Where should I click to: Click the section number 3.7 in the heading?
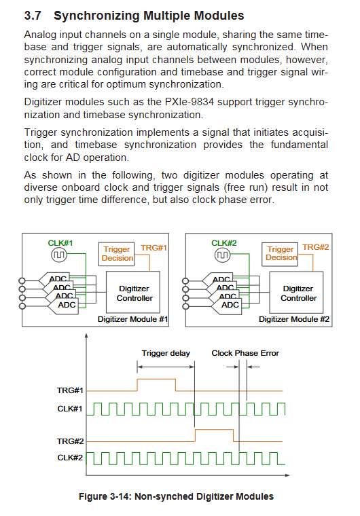(x=33, y=16)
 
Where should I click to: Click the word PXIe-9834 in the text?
(x=190, y=102)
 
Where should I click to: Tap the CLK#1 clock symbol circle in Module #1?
(x=59, y=255)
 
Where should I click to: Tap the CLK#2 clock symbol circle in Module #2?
(x=222, y=255)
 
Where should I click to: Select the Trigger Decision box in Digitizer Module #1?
(x=117, y=254)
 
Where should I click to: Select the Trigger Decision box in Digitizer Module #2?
(x=280, y=254)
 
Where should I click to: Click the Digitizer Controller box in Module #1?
(x=133, y=292)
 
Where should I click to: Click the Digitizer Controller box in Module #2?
(x=296, y=292)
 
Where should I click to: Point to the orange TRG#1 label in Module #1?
(x=154, y=247)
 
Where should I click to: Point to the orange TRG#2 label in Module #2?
(x=316, y=247)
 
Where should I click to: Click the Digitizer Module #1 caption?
(x=132, y=319)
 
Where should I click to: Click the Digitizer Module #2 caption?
(x=294, y=319)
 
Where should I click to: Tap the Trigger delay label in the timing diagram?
(x=166, y=353)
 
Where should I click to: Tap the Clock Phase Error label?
(x=245, y=353)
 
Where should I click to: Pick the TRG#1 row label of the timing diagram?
(x=70, y=390)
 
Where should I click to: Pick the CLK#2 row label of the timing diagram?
(x=70, y=458)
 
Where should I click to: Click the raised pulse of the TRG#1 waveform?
(x=156, y=379)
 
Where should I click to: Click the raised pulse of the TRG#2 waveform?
(x=215, y=430)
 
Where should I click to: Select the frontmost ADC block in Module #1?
(x=64, y=306)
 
